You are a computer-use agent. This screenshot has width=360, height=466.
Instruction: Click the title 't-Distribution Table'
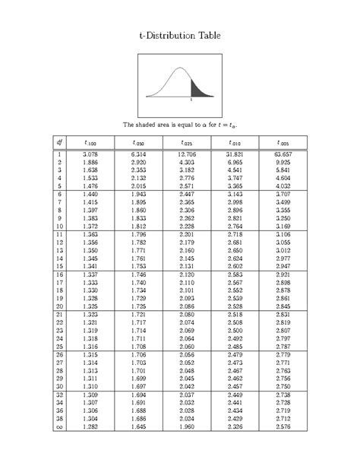(180, 35)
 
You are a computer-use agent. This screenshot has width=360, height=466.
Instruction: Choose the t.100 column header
(92, 142)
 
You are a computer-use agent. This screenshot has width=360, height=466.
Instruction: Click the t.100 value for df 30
(92, 386)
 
